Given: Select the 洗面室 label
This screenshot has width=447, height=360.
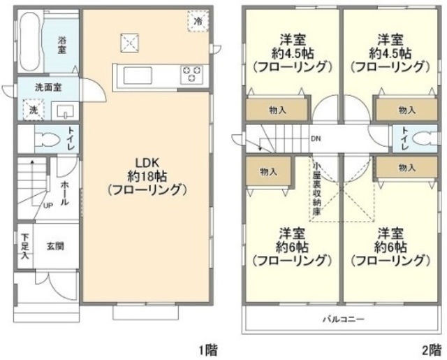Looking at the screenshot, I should (47, 89).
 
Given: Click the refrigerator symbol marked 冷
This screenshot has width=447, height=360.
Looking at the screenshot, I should (198, 22).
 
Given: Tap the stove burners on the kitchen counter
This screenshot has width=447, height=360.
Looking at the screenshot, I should (191, 73).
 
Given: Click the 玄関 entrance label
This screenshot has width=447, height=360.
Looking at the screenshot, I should (56, 245).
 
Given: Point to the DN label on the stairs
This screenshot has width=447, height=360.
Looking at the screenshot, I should (316, 138).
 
